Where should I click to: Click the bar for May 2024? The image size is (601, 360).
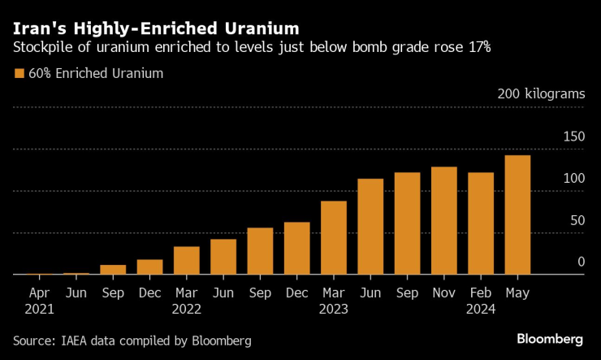pos(517,215)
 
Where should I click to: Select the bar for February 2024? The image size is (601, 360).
pos(481,223)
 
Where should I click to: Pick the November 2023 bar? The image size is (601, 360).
pos(444,221)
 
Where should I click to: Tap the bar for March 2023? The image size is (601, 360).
pos(334,237)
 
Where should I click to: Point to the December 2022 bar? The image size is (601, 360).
pos(297,248)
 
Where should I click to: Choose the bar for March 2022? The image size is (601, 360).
pos(187,260)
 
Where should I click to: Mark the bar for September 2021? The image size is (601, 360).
pos(113,270)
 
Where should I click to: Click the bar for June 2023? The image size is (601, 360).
pos(370,227)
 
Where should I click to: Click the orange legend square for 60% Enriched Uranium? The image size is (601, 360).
pos(19,74)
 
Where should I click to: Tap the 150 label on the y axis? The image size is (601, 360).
pos(573,137)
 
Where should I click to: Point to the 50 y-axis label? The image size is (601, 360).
pos(577,220)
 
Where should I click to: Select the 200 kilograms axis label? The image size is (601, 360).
pos(541,94)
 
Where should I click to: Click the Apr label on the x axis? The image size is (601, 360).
pos(40,292)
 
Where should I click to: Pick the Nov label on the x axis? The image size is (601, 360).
pos(443,292)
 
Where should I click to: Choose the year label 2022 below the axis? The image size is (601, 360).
pos(187,309)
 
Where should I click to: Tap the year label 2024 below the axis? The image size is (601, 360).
pos(481,309)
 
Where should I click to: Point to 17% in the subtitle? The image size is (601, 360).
pos(475,48)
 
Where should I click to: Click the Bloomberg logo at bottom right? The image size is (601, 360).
pos(550,339)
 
